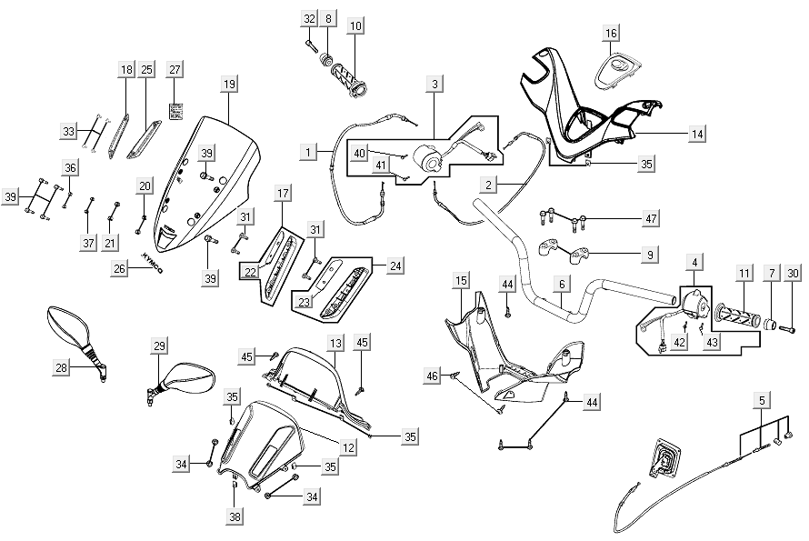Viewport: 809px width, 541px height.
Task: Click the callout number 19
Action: (229, 84)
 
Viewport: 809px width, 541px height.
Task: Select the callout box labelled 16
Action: (611, 34)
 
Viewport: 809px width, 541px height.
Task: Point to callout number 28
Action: (62, 367)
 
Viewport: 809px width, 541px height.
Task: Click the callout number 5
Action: (763, 398)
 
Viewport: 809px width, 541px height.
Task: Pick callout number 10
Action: (355, 25)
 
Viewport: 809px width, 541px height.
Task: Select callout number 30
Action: (793, 273)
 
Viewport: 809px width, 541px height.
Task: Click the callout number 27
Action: (175, 69)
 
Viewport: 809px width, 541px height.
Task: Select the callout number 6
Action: (563, 285)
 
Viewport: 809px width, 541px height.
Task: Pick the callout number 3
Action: (435, 84)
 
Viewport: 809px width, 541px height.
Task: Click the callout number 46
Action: (433, 375)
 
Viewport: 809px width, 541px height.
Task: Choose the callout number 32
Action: (309, 18)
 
